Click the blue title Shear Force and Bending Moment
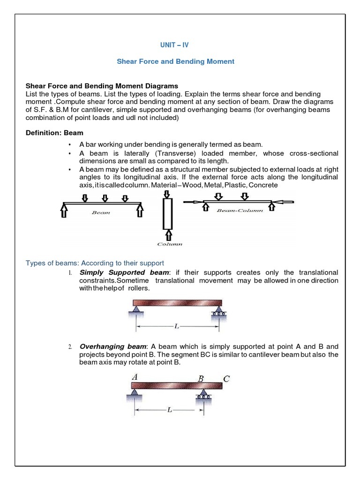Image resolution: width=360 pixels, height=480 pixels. point(175,61)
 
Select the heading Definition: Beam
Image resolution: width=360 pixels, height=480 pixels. point(54,133)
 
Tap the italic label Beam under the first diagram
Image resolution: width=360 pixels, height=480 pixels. point(101,213)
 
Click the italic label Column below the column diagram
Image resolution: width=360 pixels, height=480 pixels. point(169,244)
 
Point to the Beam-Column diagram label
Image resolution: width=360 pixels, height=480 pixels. point(240,210)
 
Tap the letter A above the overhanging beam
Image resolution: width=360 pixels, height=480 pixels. point(135,376)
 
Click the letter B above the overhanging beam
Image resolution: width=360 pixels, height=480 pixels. point(201,379)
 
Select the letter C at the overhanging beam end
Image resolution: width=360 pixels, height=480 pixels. point(226,379)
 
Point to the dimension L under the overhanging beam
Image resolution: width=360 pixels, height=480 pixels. point(169,410)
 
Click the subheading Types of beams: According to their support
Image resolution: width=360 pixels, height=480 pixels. point(95,263)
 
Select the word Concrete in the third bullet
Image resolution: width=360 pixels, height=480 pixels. point(263,185)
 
